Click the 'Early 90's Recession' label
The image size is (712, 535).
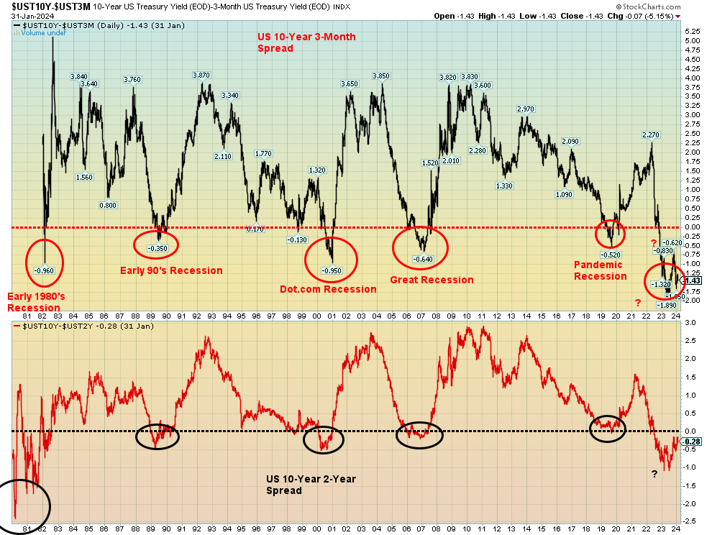click(171, 270)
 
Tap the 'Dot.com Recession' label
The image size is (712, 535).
click(328, 289)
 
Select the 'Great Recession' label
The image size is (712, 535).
click(432, 280)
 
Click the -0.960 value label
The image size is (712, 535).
click(45, 270)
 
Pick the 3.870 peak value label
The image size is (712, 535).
click(201, 76)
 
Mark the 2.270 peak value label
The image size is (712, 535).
click(651, 134)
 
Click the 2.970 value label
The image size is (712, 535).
click(526, 109)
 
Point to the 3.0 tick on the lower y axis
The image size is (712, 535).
click(690, 323)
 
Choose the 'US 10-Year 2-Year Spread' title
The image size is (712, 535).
click(311, 485)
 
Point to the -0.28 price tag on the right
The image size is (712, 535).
click(692, 442)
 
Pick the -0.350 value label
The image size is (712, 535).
click(158, 248)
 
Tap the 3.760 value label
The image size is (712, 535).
click(132, 80)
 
